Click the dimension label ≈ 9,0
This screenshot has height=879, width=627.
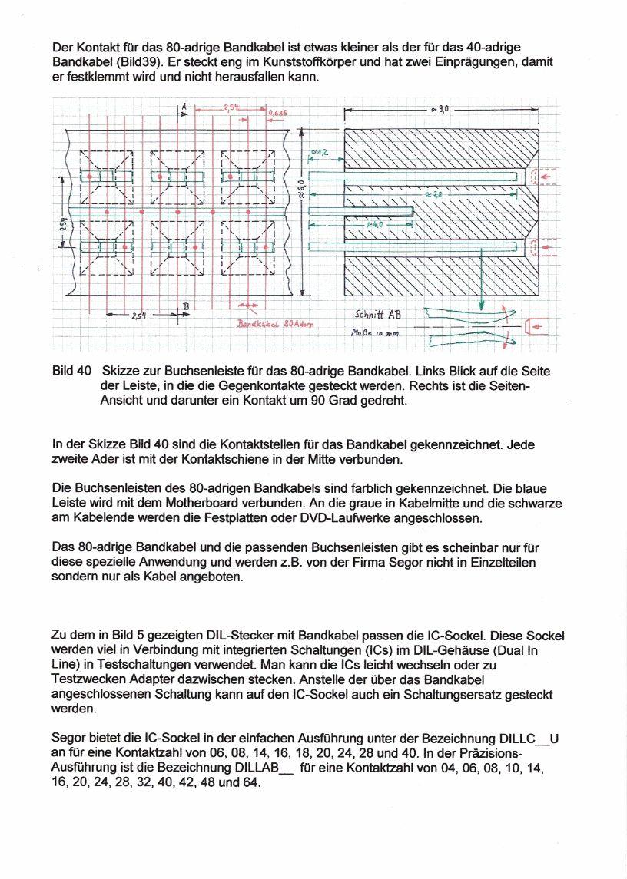click(440, 111)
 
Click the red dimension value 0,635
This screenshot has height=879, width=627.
click(278, 114)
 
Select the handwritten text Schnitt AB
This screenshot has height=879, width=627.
click(377, 314)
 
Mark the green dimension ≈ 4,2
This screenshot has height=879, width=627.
click(320, 152)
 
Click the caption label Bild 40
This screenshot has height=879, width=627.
click(72, 371)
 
